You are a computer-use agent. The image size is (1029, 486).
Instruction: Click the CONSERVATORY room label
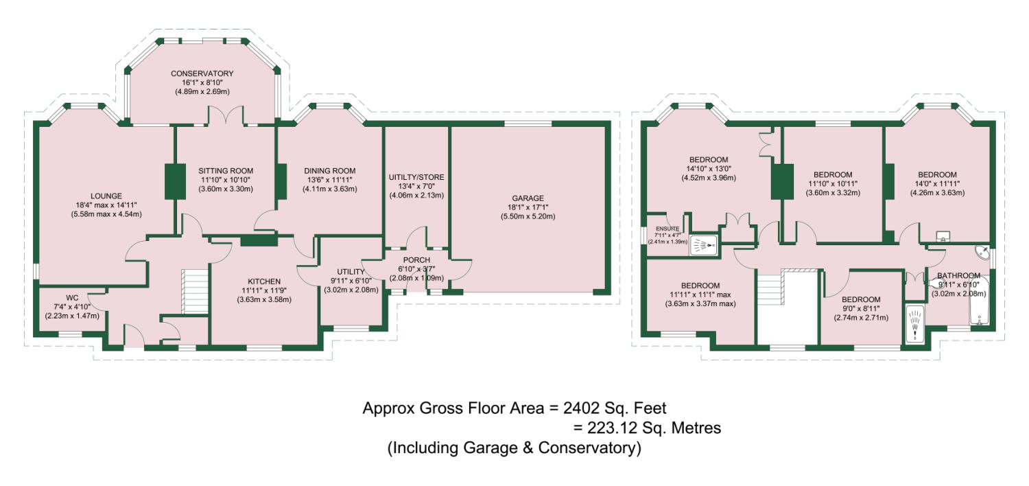pyautogui.click(x=202, y=73)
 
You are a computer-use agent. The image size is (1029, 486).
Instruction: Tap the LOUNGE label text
pyautogui.click(x=106, y=196)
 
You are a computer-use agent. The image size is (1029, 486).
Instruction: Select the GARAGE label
pyautogui.click(x=528, y=198)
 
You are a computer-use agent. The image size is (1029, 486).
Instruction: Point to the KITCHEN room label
pyautogui.click(x=264, y=281)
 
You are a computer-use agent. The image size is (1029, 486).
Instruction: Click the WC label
pyautogui.click(x=72, y=298)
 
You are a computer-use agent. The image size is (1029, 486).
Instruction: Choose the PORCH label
pyautogui.click(x=416, y=260)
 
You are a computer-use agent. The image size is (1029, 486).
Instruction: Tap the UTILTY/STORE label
pyautogui.click(x=416, y=177)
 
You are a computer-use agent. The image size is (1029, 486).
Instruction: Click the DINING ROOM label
pyautogui.click(x=330, y=171)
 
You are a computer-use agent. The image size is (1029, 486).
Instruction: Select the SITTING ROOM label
pyautogui.click(x=226, y=171)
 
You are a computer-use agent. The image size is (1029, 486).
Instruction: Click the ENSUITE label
pyautogui.click(x=667, y=229)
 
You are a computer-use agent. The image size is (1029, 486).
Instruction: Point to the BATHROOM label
pyautogui.click(x=959, y=276)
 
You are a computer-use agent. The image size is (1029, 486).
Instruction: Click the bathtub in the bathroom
pyautogui.click(x=979, y=301)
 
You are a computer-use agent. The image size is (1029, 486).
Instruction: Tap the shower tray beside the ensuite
pyautogui.click(x=704, y=244)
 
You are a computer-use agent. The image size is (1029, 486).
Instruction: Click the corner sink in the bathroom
pyautogui.click(x=982, y=253)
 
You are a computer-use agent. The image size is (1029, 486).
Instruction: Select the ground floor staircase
pyautogui.click(x=196, y=292)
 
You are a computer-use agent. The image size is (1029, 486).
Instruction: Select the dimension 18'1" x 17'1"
pyautogui.click(x=528, y=207)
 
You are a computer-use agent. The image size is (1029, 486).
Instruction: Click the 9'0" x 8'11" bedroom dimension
pyautogui.click(x=862, y=308)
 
